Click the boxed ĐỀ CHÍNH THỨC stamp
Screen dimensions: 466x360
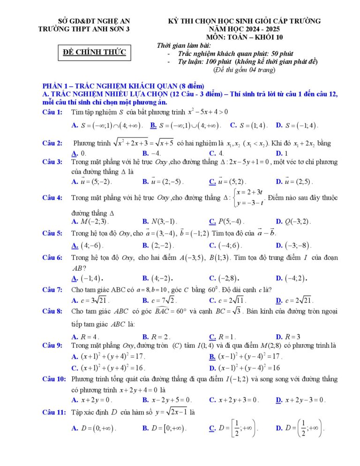(x=95, y=52)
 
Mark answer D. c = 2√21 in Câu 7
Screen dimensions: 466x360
(x=294, y=301)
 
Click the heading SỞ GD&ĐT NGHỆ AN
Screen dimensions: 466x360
(x=94, y=21)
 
